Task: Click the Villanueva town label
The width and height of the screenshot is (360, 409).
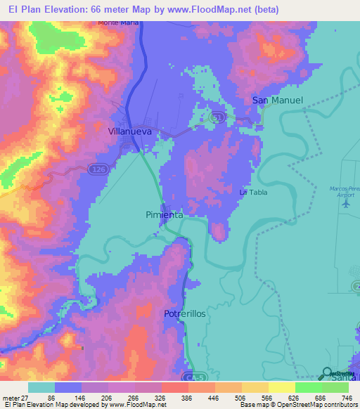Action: [x=132, y=131]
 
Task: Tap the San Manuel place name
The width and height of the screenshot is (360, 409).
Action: [x=278, y=100]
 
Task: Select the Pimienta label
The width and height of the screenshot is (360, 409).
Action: [x=165, y=214]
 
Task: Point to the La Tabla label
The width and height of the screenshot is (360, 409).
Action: [x=253, y=192]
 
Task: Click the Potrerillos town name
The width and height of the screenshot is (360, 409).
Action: [x=185, y=313]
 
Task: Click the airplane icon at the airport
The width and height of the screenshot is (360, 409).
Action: [x=345, y=204]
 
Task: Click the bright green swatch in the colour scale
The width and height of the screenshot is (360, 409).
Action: [x=308, y=387]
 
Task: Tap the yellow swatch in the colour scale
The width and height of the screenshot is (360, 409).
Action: [x=281, y=387]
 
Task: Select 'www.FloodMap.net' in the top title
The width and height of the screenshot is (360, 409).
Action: [x=218, y=9]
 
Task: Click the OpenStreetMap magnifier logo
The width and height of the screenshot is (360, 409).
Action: [x=328, y=373]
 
